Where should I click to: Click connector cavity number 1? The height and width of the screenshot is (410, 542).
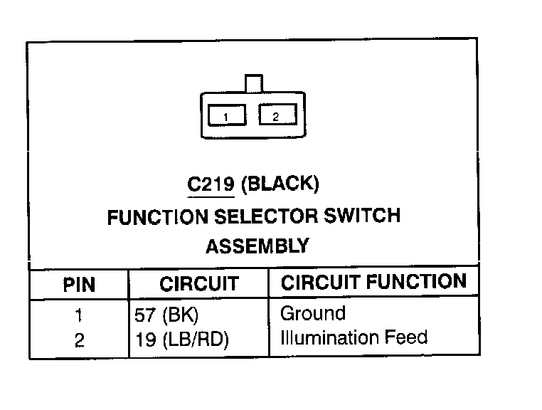tap(225, 116)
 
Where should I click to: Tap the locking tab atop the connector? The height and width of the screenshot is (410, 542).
tap(253, 83)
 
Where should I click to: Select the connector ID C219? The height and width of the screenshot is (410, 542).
tap(211, 184)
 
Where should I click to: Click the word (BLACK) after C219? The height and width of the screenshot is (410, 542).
tap(280, 184)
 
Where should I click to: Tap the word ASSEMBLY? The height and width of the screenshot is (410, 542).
tap(257, 246)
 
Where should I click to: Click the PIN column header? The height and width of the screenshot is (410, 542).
tap(79, 285)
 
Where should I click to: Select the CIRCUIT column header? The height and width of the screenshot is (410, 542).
tap(198, 284)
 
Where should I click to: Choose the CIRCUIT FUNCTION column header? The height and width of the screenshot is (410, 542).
tap(374, 282)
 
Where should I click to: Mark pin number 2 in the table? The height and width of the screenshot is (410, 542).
tap(79, 340)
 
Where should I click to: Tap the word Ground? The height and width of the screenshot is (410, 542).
tap(313, 313)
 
